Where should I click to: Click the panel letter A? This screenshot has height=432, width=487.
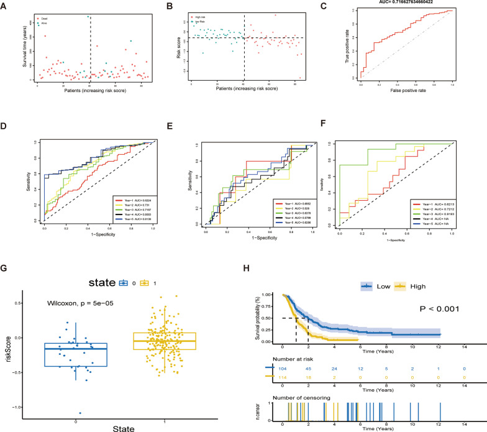pyautogui.click(x=5, y=4)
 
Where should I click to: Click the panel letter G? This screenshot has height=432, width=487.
pyautogui.click(x=5, y=251)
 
